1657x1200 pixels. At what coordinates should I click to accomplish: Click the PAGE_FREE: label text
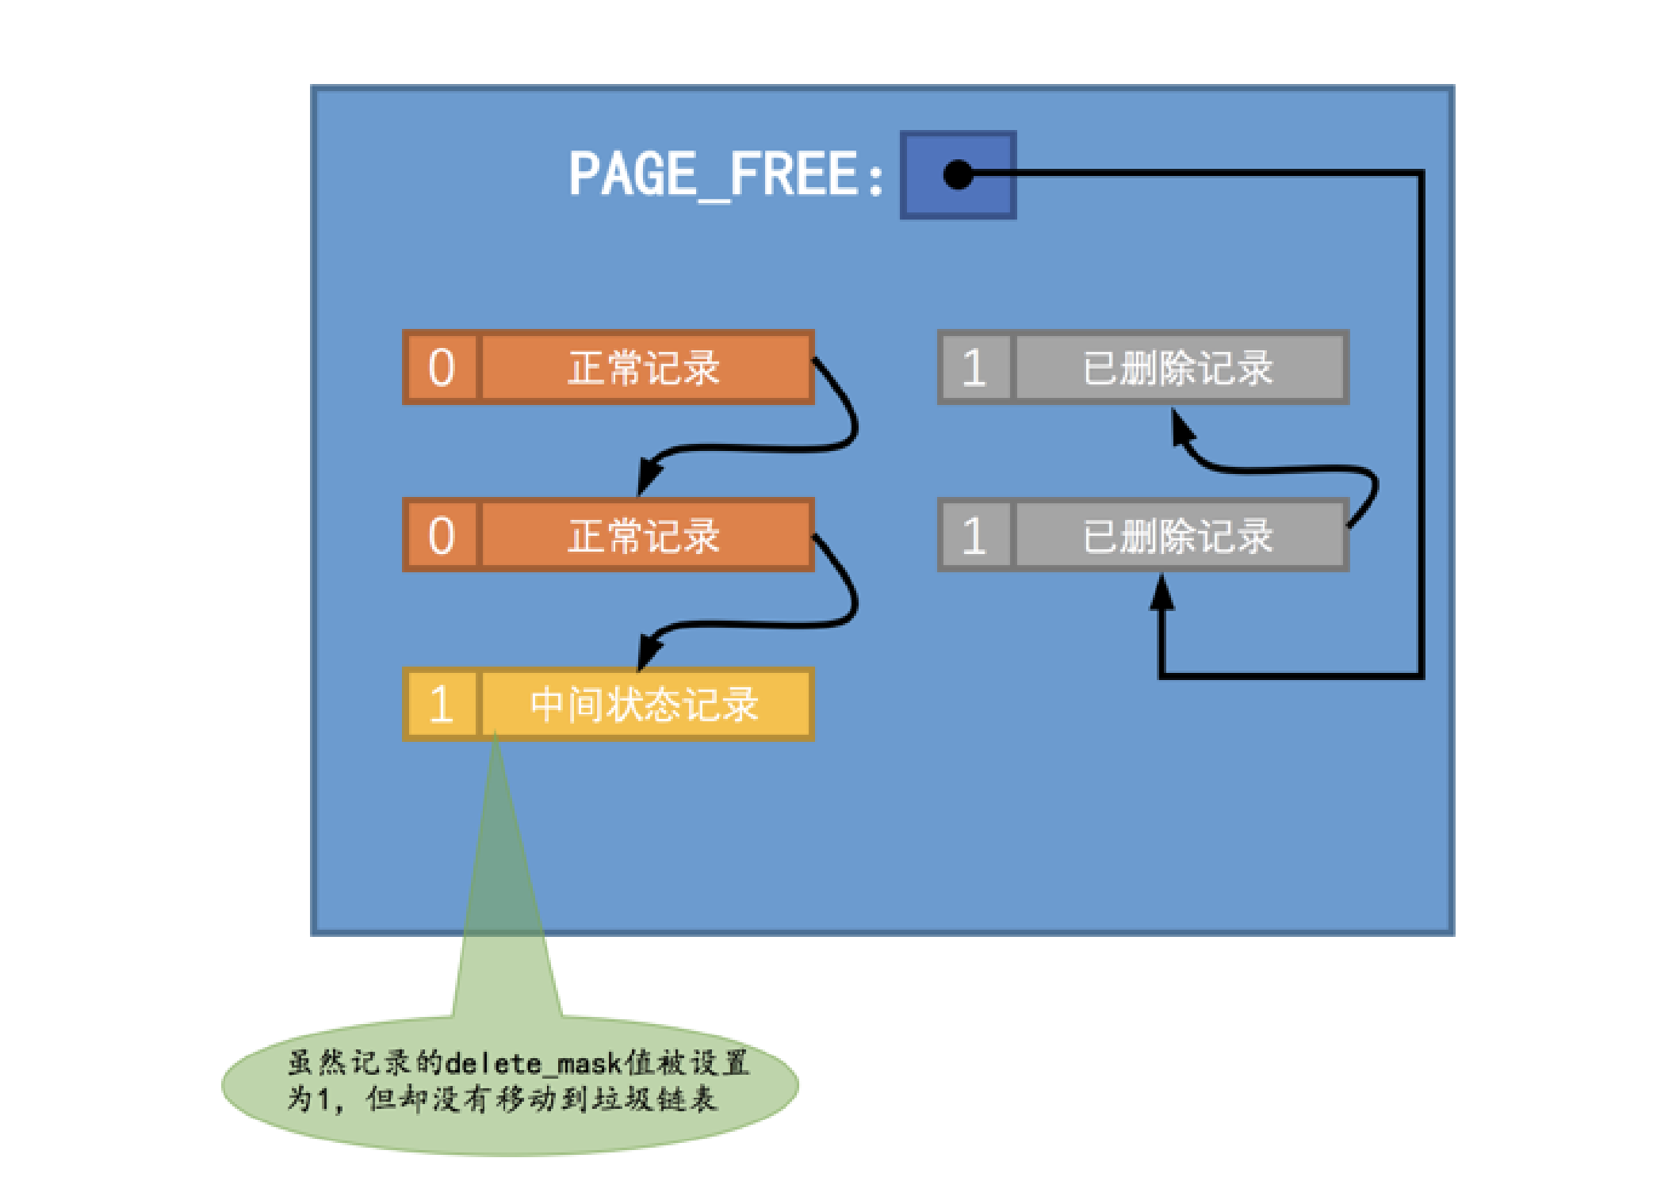(725, 174)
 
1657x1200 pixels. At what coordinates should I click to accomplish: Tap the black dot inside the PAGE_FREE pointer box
(958, 174)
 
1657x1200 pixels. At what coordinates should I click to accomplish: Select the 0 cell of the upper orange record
(442, 368)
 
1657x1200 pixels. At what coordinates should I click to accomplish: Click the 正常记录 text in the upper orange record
(644, 368)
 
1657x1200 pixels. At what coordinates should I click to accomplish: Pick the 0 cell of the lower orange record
(442, 536)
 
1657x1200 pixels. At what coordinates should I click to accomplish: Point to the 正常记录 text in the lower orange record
(644, 536)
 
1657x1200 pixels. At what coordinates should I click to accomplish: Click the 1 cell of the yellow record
(442, 704)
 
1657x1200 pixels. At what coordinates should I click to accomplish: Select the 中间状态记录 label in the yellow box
(644, 704)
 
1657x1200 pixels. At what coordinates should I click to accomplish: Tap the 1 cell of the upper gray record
(974, 368)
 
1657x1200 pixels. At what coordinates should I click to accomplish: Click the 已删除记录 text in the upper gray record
(1178, 368)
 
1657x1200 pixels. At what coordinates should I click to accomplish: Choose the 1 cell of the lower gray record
(974, 536)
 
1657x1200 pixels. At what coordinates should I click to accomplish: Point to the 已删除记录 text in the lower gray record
(1178, 536)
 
